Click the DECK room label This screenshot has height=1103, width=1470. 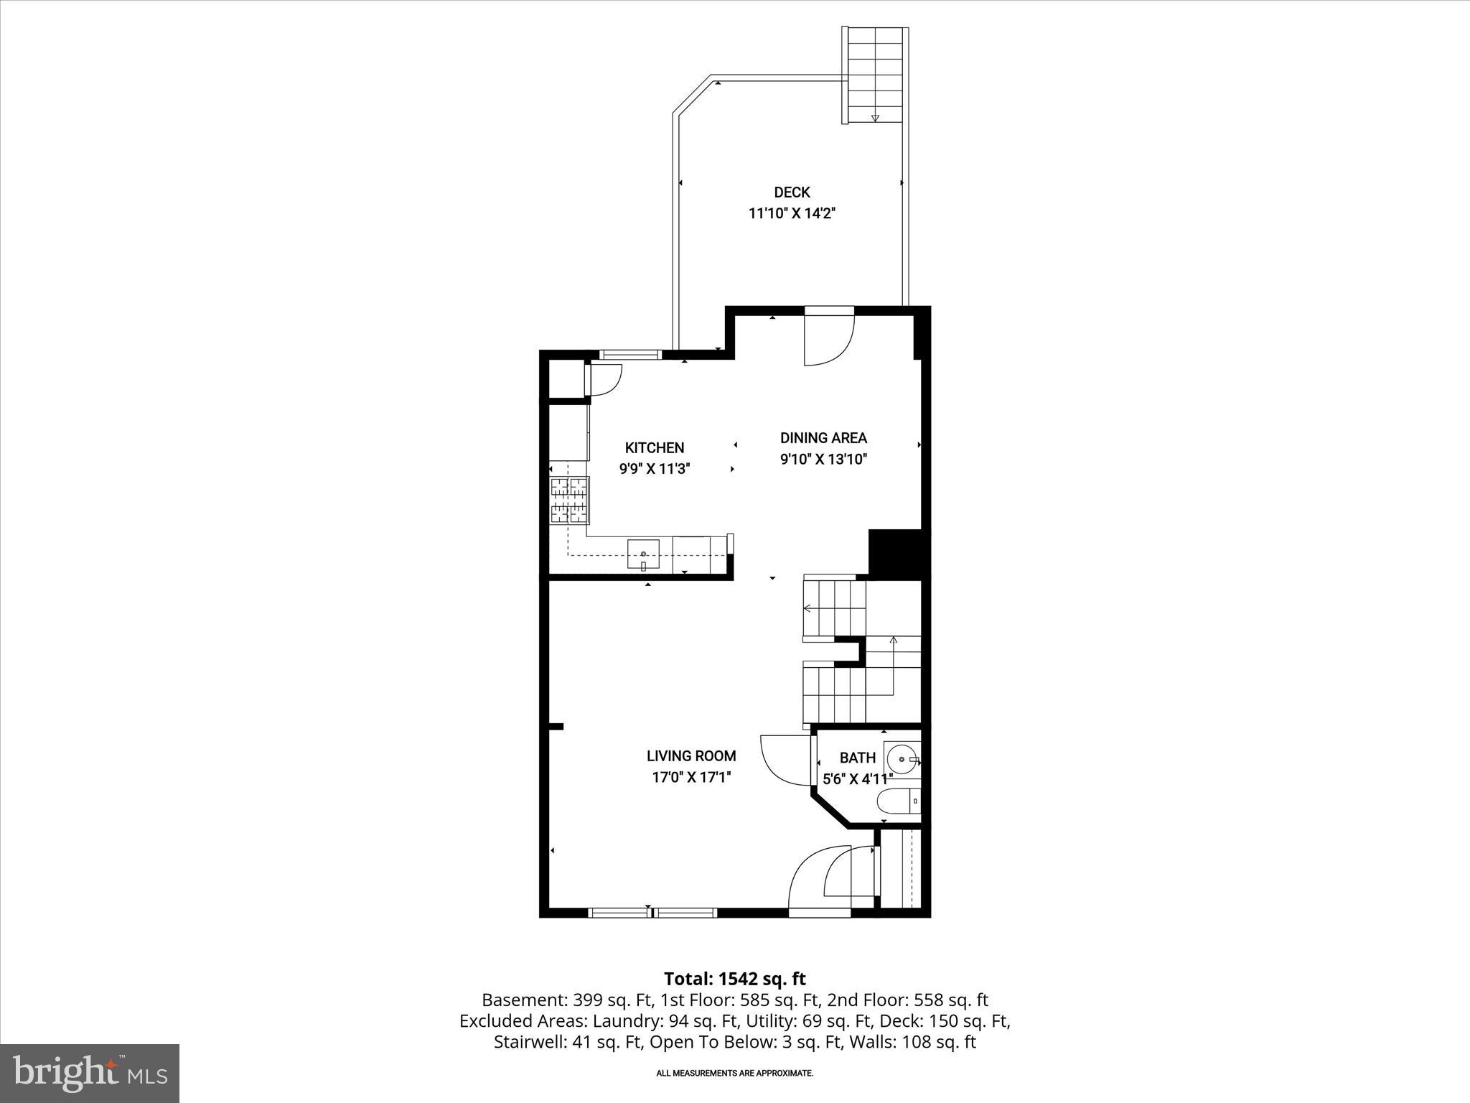[x=792, y=192]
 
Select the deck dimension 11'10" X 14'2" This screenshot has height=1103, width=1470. [x=792, y=213]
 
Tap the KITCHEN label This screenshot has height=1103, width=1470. [x=654, y=448]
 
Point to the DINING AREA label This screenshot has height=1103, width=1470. [x=823, y=438]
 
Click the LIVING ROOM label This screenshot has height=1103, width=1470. [x=691, y=756]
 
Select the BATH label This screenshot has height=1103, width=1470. [x=858, y=758]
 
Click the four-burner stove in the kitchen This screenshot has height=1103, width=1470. [x=569, y=500]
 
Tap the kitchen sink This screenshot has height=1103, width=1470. [x=643, y=554]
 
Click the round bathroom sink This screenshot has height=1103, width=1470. [x=902, y=758]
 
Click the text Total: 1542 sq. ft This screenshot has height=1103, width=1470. [x=734, y=979]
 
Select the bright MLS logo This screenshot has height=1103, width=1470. [x=90, y=1074]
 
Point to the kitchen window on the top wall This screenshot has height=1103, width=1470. [x=629, y=354]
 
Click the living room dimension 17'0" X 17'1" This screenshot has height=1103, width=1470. [x=691, y=777]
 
